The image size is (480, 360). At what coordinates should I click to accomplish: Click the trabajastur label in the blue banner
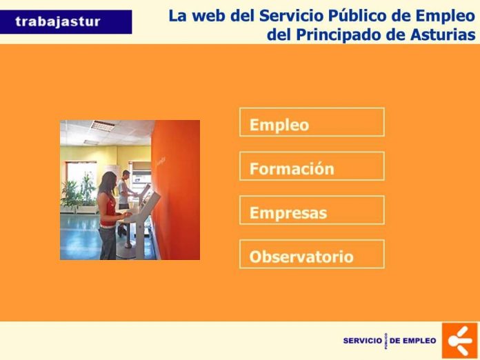coord(58,22)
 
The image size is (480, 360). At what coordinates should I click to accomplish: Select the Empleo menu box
coord(312,122)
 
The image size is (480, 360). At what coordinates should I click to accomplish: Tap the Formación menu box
coord(312,166)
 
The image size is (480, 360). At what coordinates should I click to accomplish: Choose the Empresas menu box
coord(312,210)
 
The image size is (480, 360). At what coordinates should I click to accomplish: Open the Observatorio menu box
coord(312,254)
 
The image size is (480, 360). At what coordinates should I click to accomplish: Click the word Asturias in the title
coord(443,34)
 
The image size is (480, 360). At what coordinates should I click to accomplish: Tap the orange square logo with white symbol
coord(460,341)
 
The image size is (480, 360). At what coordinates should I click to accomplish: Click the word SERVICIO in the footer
coord(363,341)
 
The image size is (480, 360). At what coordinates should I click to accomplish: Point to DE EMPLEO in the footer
coord(413,341)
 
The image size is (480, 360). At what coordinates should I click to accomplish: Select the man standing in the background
coord(126,196)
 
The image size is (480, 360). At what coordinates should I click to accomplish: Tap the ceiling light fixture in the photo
coord(103,126)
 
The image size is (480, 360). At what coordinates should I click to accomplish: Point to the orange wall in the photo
coord(177,190)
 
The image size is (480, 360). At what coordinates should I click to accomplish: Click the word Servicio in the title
coord(292,16)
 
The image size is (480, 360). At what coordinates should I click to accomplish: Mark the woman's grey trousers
coord(108,243)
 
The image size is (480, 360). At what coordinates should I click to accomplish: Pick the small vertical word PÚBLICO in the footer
coord(386,341)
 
